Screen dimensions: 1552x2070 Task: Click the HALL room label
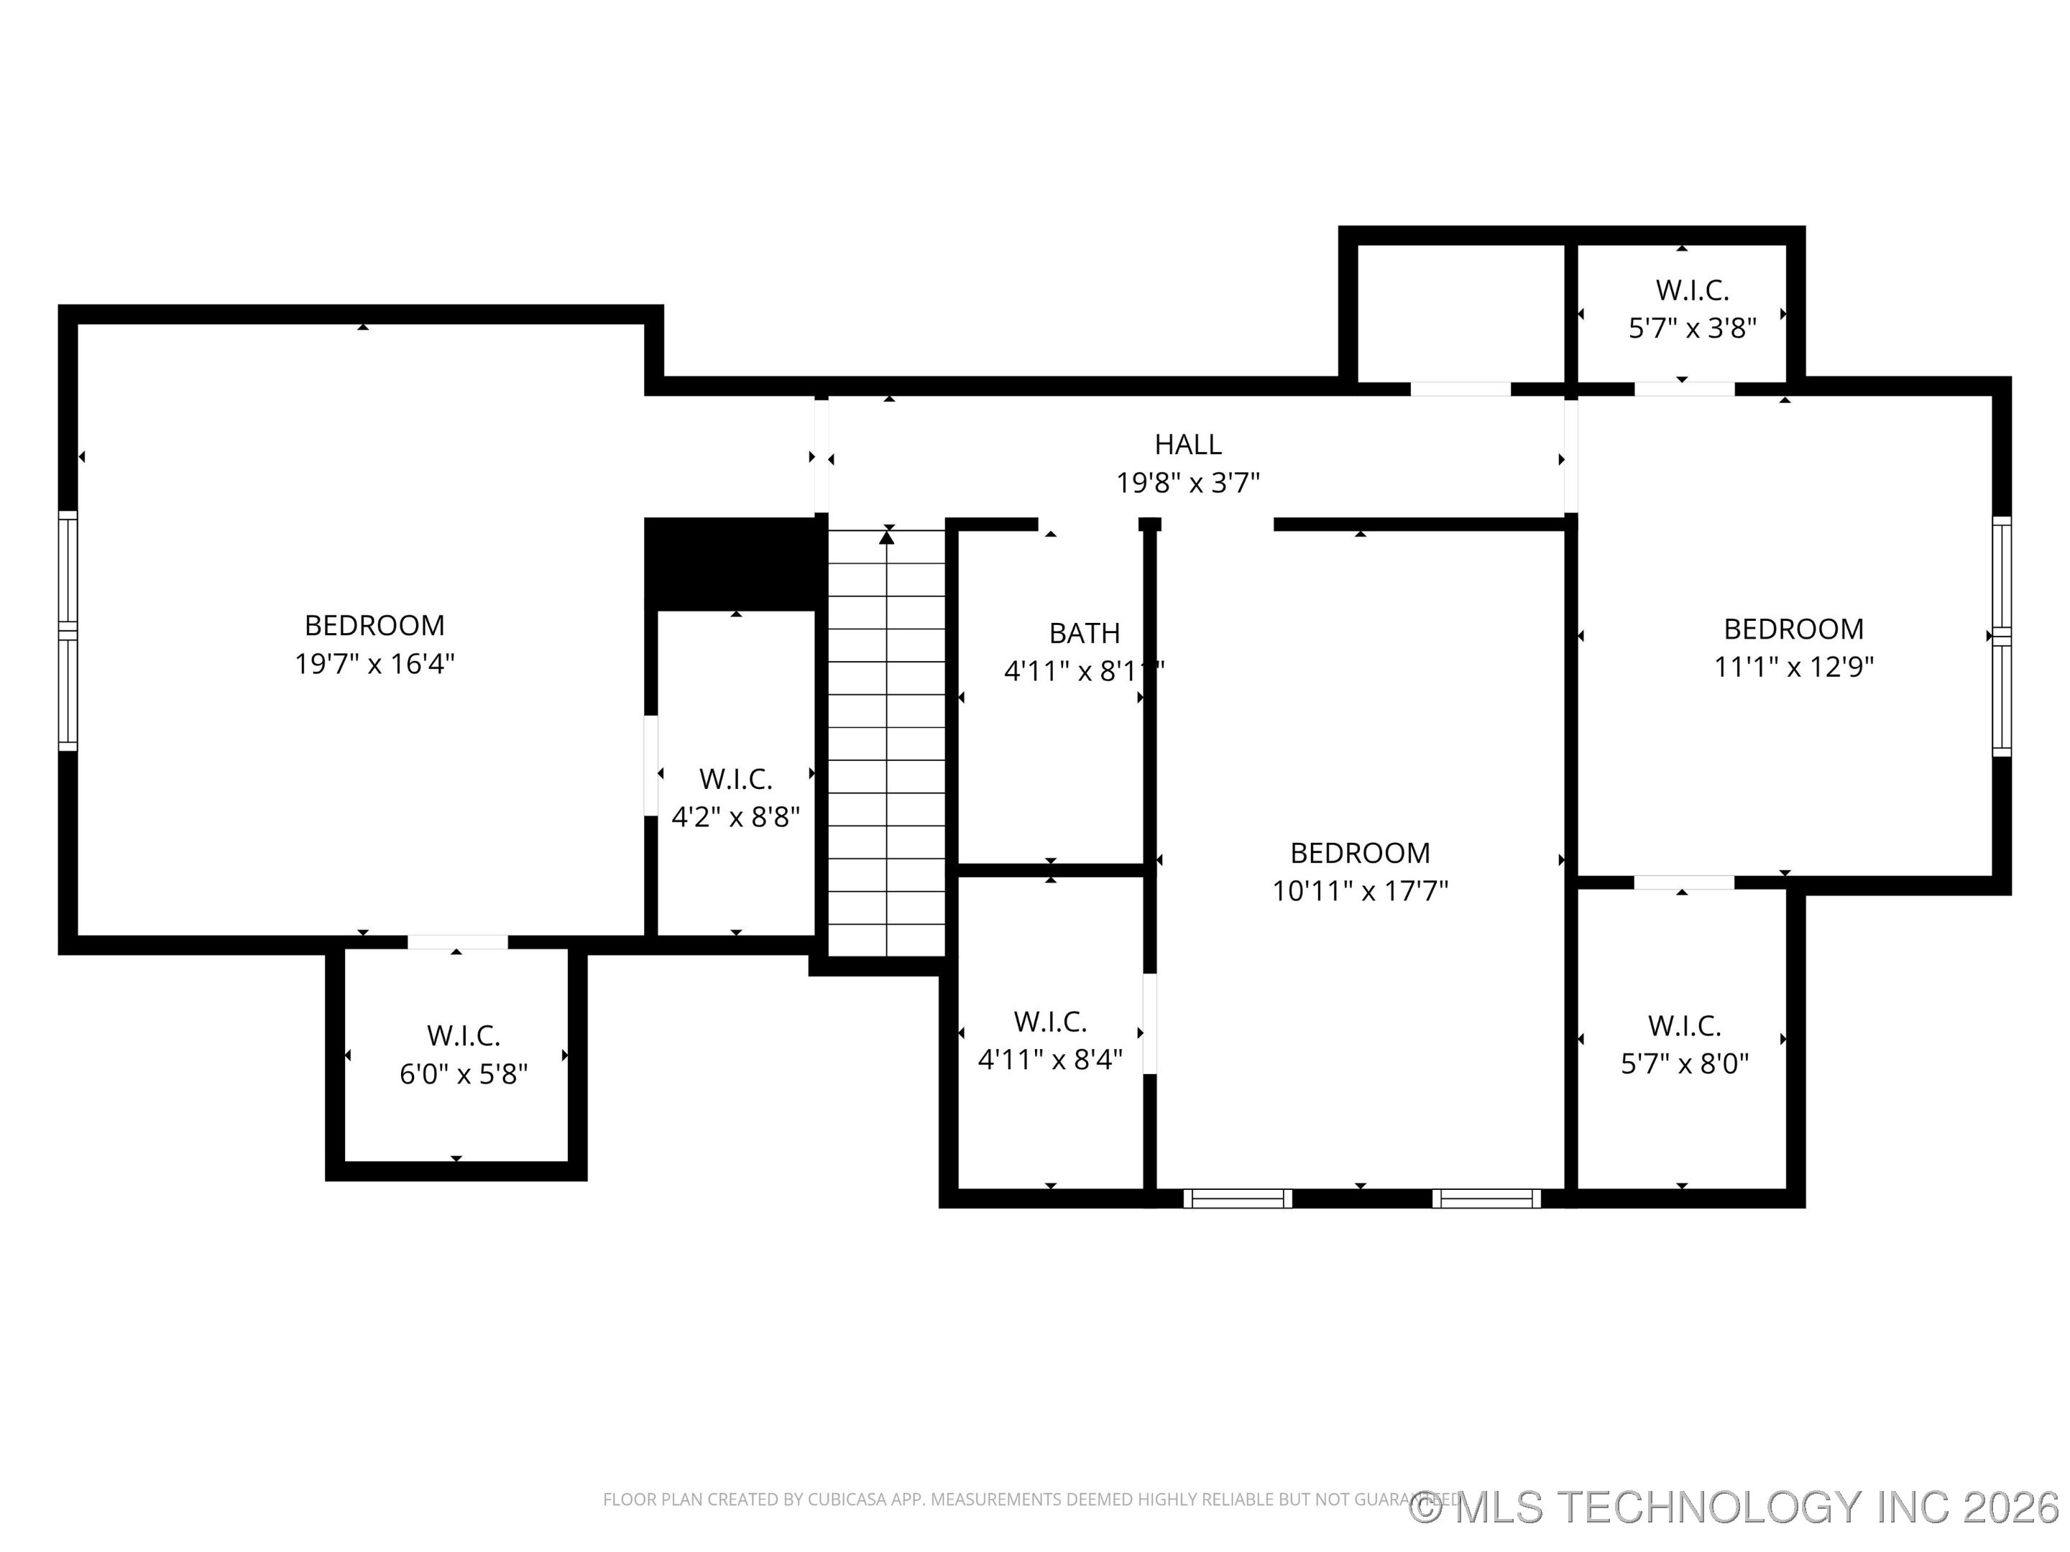pyautogui.click(x=1187, y=443)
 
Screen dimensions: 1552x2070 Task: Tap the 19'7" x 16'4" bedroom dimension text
pyautogui.click(x=374, y=664)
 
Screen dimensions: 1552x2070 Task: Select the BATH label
pyautogui.click(x=1084, y=633)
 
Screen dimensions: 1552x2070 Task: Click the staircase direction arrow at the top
pyautogui.click(x=887, y=537)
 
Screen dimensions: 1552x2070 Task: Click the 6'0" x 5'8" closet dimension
pyautogui.click(x=463, y=1074)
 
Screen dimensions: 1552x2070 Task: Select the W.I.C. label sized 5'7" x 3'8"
pyautogui.click(x=1692, y=290)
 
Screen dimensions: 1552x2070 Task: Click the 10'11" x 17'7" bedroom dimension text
pyautogui.click(x=1360, y=890)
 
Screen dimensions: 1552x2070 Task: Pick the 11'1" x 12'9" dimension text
pyautogui.click(x=1793, y=667)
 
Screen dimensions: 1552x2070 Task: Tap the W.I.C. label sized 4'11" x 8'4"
pyautogui.click(x=1050, y=1020)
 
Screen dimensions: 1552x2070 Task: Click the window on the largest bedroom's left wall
pyautogui.click(x=68, y=631)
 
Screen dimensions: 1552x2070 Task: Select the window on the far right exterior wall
pyautogui.click(x=2001, y=636)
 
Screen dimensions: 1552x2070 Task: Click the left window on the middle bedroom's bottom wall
pyautogui.click(x=1237, y=1198)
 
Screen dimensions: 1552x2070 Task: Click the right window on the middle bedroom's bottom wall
pyautogui.click(x=1486, y=1198)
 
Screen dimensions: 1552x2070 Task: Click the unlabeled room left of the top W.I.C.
pyautogui.click(x=1460, y=313)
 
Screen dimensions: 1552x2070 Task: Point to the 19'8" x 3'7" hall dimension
pyautogui.click(x=1187, y=483)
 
